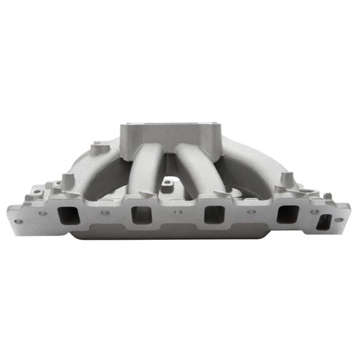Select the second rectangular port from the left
click(x=140, y=215)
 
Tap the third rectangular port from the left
click(x=214, y=215)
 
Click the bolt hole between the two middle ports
click(x=178, y=212)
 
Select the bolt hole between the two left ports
click(x=105, y=212)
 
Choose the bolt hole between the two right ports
click(x=251, y=212)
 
